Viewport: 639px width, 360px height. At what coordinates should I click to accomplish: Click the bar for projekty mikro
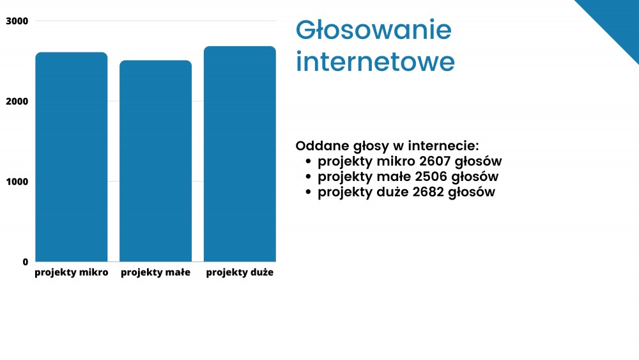72,157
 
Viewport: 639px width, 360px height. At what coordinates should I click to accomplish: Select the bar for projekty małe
155,161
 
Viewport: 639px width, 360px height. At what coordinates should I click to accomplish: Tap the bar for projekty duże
240,154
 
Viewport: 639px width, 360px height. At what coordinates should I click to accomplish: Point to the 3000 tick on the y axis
17,21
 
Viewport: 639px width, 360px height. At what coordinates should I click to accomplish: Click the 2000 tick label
17,102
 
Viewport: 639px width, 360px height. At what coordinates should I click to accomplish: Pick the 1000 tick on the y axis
17,182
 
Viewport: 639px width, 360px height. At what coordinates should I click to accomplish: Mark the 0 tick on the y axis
26,262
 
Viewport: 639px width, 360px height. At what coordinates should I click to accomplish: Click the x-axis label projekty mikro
72,272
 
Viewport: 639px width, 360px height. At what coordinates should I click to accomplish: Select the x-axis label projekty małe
155,272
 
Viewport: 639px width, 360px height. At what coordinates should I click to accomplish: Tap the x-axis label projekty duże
240,272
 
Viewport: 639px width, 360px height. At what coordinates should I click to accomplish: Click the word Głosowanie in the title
374,30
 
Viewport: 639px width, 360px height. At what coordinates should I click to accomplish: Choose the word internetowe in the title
375,61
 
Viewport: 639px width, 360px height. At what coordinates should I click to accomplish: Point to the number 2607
435,161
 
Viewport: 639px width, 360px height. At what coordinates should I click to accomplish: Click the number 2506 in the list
431,176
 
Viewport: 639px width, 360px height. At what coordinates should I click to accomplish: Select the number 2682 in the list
428,192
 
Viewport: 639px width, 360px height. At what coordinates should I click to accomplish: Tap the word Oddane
323,146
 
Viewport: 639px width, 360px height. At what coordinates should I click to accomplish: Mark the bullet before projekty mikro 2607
308,161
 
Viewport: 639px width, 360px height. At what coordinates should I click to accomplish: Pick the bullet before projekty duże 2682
308,192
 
